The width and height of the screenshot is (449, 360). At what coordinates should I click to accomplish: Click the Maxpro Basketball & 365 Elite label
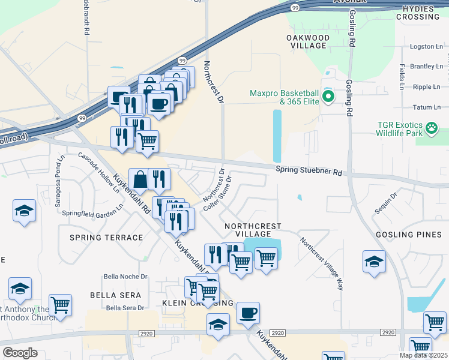point(284,98)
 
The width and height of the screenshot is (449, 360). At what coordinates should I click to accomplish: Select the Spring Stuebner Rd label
point(309,171)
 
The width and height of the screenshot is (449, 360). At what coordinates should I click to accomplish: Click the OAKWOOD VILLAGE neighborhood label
point(308,42)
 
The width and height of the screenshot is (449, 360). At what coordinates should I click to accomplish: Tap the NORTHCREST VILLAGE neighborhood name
point(252,230)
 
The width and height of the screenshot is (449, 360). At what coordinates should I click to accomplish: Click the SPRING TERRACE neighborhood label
point(106,238)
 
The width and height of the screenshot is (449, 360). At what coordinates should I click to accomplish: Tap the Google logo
point(20,353)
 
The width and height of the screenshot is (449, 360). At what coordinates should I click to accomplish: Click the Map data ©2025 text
point(423,355)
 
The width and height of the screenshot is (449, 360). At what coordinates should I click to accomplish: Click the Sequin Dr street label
point(385,203)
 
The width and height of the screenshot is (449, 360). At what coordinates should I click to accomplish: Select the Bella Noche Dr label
point(125,277)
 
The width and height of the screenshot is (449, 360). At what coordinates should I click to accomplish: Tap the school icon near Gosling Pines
point(374,262)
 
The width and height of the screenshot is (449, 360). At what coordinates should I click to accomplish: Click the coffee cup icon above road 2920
point(248,313)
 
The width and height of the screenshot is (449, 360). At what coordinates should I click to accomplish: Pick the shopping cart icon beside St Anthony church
point(60,305)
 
